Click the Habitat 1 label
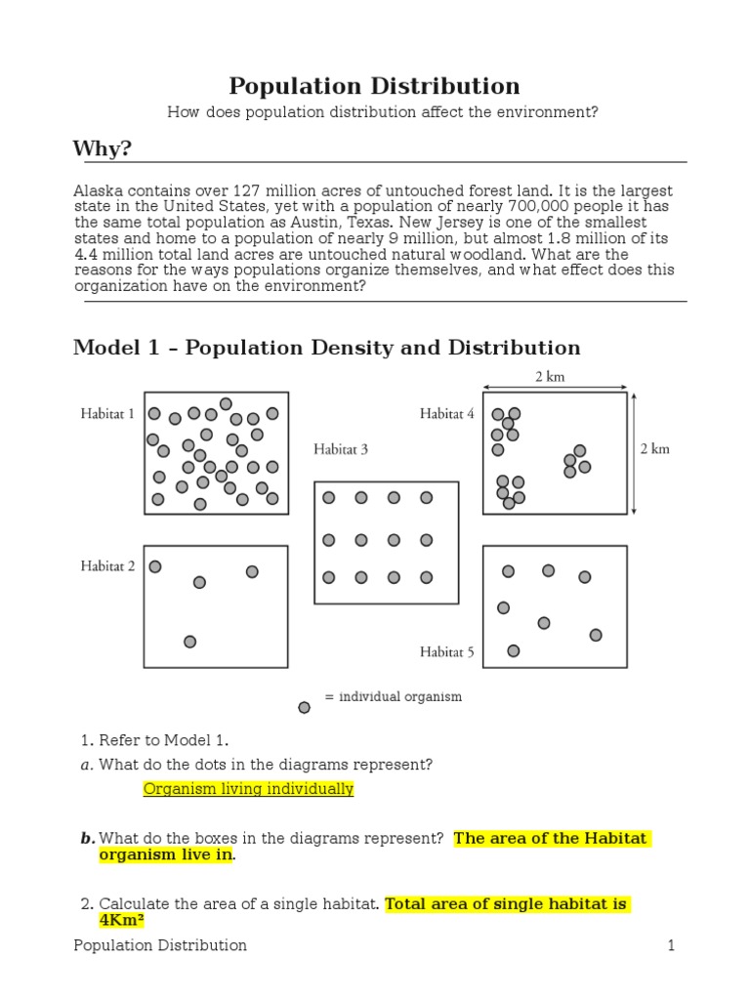coord(107,414)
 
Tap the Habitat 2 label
coord(107,565)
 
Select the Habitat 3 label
coord(341,450)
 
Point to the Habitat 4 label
coord(447,414)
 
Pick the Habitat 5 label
coord(447,651)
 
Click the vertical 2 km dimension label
coord(655,450)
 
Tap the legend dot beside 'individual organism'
coord(305,707)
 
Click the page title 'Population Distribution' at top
coord(374,86)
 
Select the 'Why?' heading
coord(102,148)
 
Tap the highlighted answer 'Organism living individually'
coord(248,789)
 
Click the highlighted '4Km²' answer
coord(122,920)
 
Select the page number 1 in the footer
coord(672,945)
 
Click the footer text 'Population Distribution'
coord(160,945)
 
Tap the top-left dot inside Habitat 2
coord(155,566)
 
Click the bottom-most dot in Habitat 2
coord(189,642)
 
